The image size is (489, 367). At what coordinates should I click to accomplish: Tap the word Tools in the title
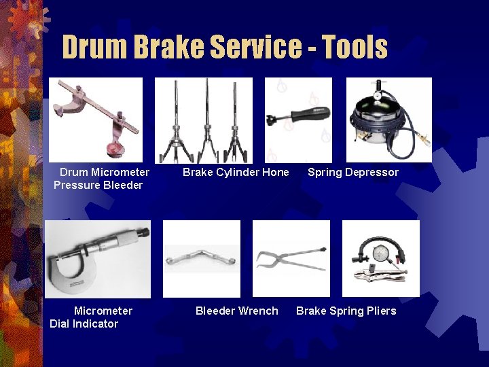click(x=355, y=47)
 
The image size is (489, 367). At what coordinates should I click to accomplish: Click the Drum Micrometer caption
click(x=105, y=172)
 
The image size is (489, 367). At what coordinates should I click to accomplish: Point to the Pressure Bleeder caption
click(x=98, y=185)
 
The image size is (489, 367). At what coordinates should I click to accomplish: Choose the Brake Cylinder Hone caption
click(x=236, y=172)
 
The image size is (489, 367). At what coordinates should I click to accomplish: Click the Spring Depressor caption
click(x=353, y=172)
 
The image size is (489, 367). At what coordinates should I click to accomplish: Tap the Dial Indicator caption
click(x=84, y=324)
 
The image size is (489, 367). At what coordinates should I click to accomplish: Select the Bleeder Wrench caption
click(x=236, y=311)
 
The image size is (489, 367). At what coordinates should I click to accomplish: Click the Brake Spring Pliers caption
click(x=346, y=311)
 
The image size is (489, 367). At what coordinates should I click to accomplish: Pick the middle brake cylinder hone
click(x=206, y=122)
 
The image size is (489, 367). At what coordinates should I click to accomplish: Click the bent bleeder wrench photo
click(x=202, y=260)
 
